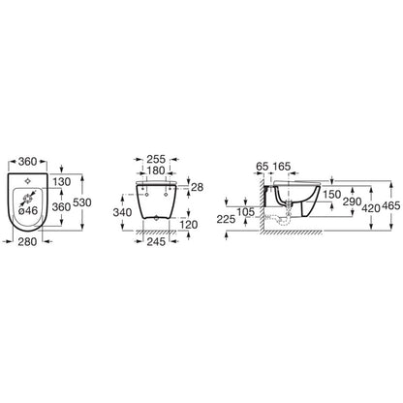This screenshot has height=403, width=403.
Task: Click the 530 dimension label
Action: [82, 202]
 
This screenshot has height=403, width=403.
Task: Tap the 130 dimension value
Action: [62, 182]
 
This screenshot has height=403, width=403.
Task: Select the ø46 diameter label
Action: [28, 210]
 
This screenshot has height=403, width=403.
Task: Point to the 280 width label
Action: [27, 241]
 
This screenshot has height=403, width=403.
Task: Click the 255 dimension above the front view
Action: [156, 159]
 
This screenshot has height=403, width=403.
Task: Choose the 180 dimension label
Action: [156, 170]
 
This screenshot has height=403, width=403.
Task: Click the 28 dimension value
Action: [197, 187]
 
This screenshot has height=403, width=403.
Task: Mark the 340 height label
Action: [122, 212]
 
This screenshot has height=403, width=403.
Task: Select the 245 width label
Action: [156, 241]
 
